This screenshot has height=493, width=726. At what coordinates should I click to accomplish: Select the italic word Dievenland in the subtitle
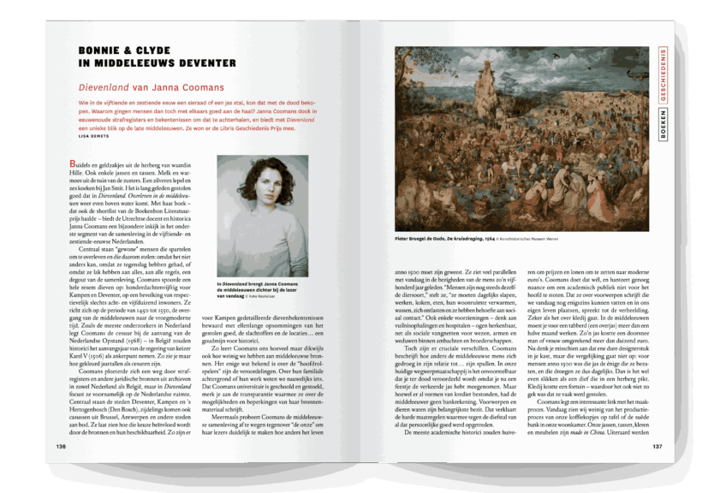tap(103, 87)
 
